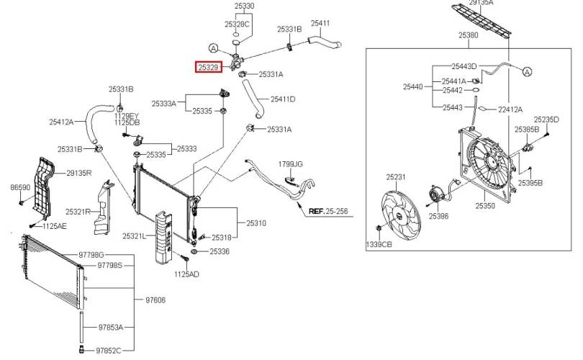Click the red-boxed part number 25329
click(x=209, y=67)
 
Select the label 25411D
click(x=283, y=99)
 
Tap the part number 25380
click(x=469, y=35)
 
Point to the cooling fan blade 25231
click(x=401, y=216)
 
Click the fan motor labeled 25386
click(x=434, y=194)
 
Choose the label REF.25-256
click(x=328, y=211)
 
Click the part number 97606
click(x=155, y=300)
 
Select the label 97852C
click(x=109, y=351)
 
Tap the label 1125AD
click(x=186, y=274)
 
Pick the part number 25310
click(x=256, y=222)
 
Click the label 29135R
click(x=79, y=173)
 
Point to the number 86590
click(x=20, y=187)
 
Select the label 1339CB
click(x=379, y=244)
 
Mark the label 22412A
click(x=510, y=109)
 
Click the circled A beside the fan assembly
click(x=528, y=71)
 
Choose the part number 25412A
click(x=61, y=122)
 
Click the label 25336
click(x=220, y=251)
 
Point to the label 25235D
click(x=546, y=120)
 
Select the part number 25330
click(x=244, y=6)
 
